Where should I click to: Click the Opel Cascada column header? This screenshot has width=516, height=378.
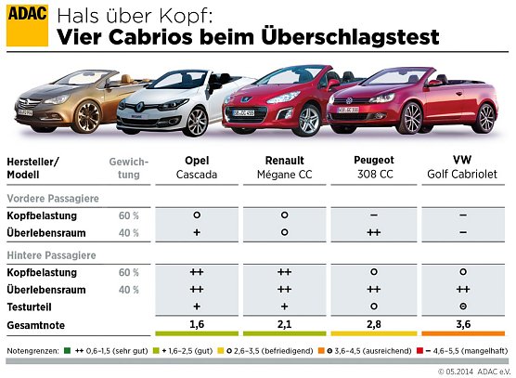pos(196,166)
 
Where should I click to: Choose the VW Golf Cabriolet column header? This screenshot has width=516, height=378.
pos(462,166)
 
